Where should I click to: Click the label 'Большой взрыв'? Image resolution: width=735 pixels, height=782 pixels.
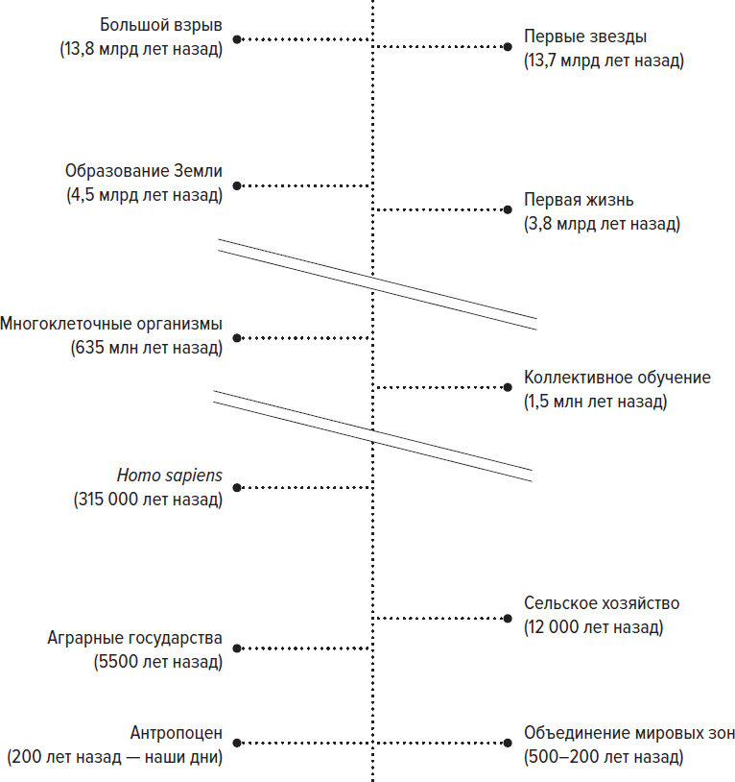[x=161, y=25]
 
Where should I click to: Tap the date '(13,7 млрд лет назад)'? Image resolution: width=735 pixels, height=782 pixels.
[x=604, y=61]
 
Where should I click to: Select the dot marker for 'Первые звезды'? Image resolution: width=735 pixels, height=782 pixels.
[x=508, y=47]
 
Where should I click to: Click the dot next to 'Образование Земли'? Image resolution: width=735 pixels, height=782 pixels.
[x=237, y=186]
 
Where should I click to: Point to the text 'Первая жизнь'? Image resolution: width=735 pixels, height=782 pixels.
[x=579, y=200]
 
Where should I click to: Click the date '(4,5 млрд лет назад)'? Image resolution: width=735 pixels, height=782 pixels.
[x=145, y=195]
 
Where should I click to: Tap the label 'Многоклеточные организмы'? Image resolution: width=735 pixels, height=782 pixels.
[x=111, y=324]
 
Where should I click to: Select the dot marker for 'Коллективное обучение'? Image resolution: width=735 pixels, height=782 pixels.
[x=508, y=387]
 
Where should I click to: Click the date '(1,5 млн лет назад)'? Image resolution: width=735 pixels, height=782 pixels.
[x=595, y=402]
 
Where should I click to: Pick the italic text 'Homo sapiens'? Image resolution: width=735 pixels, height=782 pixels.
[x=169, y=476]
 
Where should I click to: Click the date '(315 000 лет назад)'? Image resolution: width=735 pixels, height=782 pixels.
[x=148, y=500]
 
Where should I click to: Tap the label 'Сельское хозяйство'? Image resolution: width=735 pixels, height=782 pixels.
[x=602, y=603]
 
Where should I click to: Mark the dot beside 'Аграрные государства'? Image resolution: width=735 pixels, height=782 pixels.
[x=237, y=648]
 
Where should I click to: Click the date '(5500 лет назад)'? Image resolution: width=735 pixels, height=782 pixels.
[x=158, y=662]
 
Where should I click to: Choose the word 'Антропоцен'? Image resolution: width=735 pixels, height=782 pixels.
[x=177, y=733]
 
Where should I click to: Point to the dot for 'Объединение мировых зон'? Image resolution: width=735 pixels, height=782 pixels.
[x=508, y=744]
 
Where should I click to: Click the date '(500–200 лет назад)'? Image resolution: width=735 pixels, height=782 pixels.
[x=604, y=757]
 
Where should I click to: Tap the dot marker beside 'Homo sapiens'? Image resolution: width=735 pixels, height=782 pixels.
[x=237, y=488]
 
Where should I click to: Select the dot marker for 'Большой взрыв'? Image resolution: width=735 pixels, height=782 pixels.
[x=237, y=39]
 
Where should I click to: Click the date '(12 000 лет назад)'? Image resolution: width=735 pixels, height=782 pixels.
[x=594, y=627]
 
